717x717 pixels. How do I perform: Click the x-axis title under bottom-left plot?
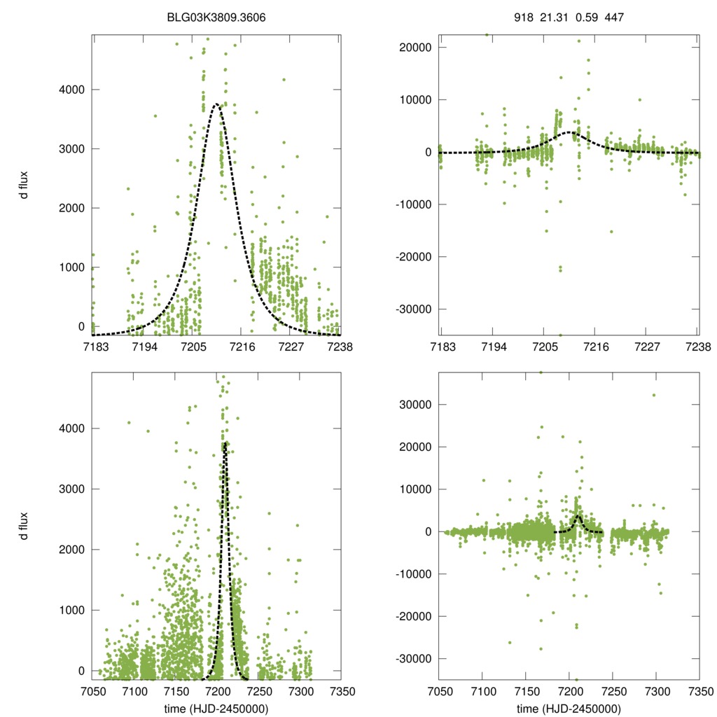point(216,708)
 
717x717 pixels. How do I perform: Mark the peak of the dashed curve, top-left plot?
point(216,104)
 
